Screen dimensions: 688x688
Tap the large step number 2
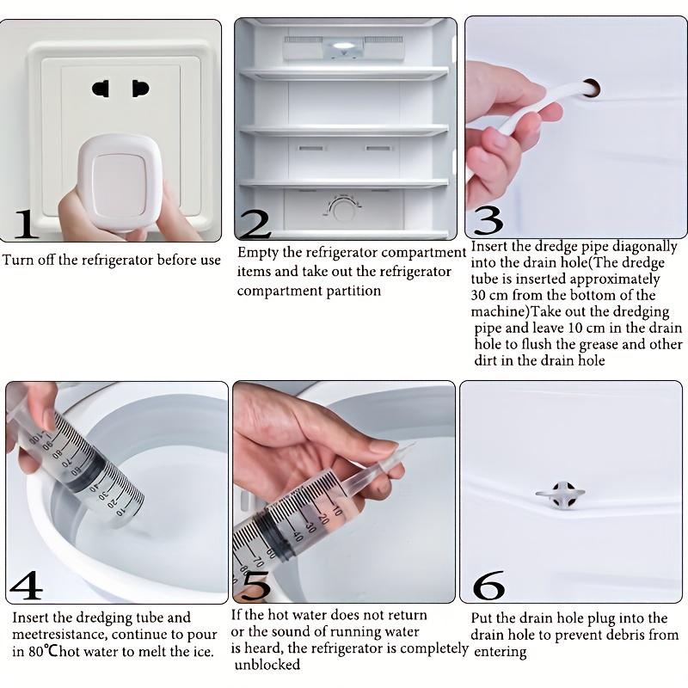coord(255,224)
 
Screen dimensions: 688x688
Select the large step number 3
coord(488,220)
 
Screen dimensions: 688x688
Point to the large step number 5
coord(256,586)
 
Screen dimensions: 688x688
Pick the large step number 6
coord(488,585)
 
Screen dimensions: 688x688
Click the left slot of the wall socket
coord(101,89)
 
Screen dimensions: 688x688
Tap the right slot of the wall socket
coord(140,89)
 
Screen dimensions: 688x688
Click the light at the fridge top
coord(343,46)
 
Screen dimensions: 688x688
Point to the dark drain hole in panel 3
coord(591,88)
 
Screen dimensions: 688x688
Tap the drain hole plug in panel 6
coord(561,494)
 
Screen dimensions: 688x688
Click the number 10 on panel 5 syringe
coord(336,510)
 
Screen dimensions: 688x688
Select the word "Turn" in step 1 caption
coord(17,260)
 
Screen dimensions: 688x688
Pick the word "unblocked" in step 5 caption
coord(267,664)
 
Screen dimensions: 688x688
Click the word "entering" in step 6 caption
coord(501,652)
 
